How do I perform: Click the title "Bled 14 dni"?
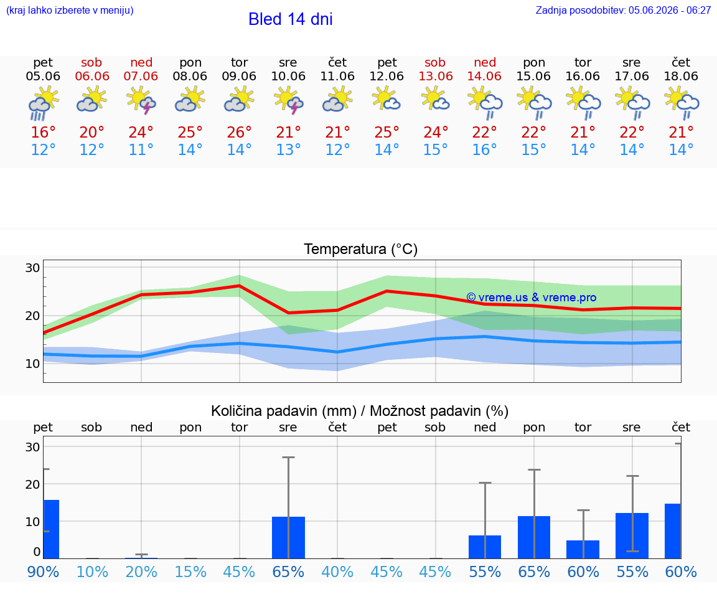click(291, 19)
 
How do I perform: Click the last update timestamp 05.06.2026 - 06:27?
click(670, 10)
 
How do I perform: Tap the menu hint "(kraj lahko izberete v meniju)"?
click(70, 10)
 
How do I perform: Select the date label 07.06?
click(141, 76)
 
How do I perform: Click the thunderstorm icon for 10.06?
click(288, 100)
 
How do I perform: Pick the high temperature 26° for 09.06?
click(239, 132)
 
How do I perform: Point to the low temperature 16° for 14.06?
click(485, 149)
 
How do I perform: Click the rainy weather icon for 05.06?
click(43, 103)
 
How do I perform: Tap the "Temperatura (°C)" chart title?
click(361, 249)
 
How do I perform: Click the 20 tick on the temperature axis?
click(32, 316)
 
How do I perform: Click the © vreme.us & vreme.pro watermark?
click(532, 298)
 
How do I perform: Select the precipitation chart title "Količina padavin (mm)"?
click(284, 411)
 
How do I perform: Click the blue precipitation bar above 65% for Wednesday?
click(289, 537)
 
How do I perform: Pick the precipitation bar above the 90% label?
click(51, 529)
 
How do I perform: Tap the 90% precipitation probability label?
click(43, 572)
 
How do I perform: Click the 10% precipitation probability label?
click(92, 572)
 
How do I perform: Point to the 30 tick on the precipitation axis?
click(32, 447)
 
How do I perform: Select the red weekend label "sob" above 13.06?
click(435, 62)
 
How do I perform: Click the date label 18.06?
click(681, 76)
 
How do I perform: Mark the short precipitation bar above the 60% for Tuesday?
click(583, 549)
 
